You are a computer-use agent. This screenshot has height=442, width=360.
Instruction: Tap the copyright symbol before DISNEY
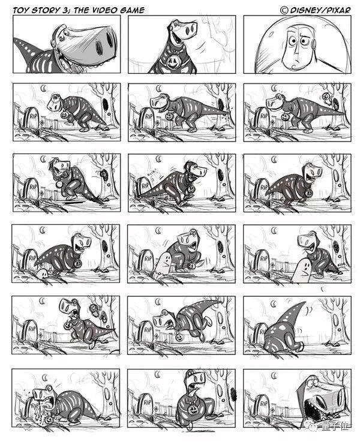[x=284, y=9]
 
